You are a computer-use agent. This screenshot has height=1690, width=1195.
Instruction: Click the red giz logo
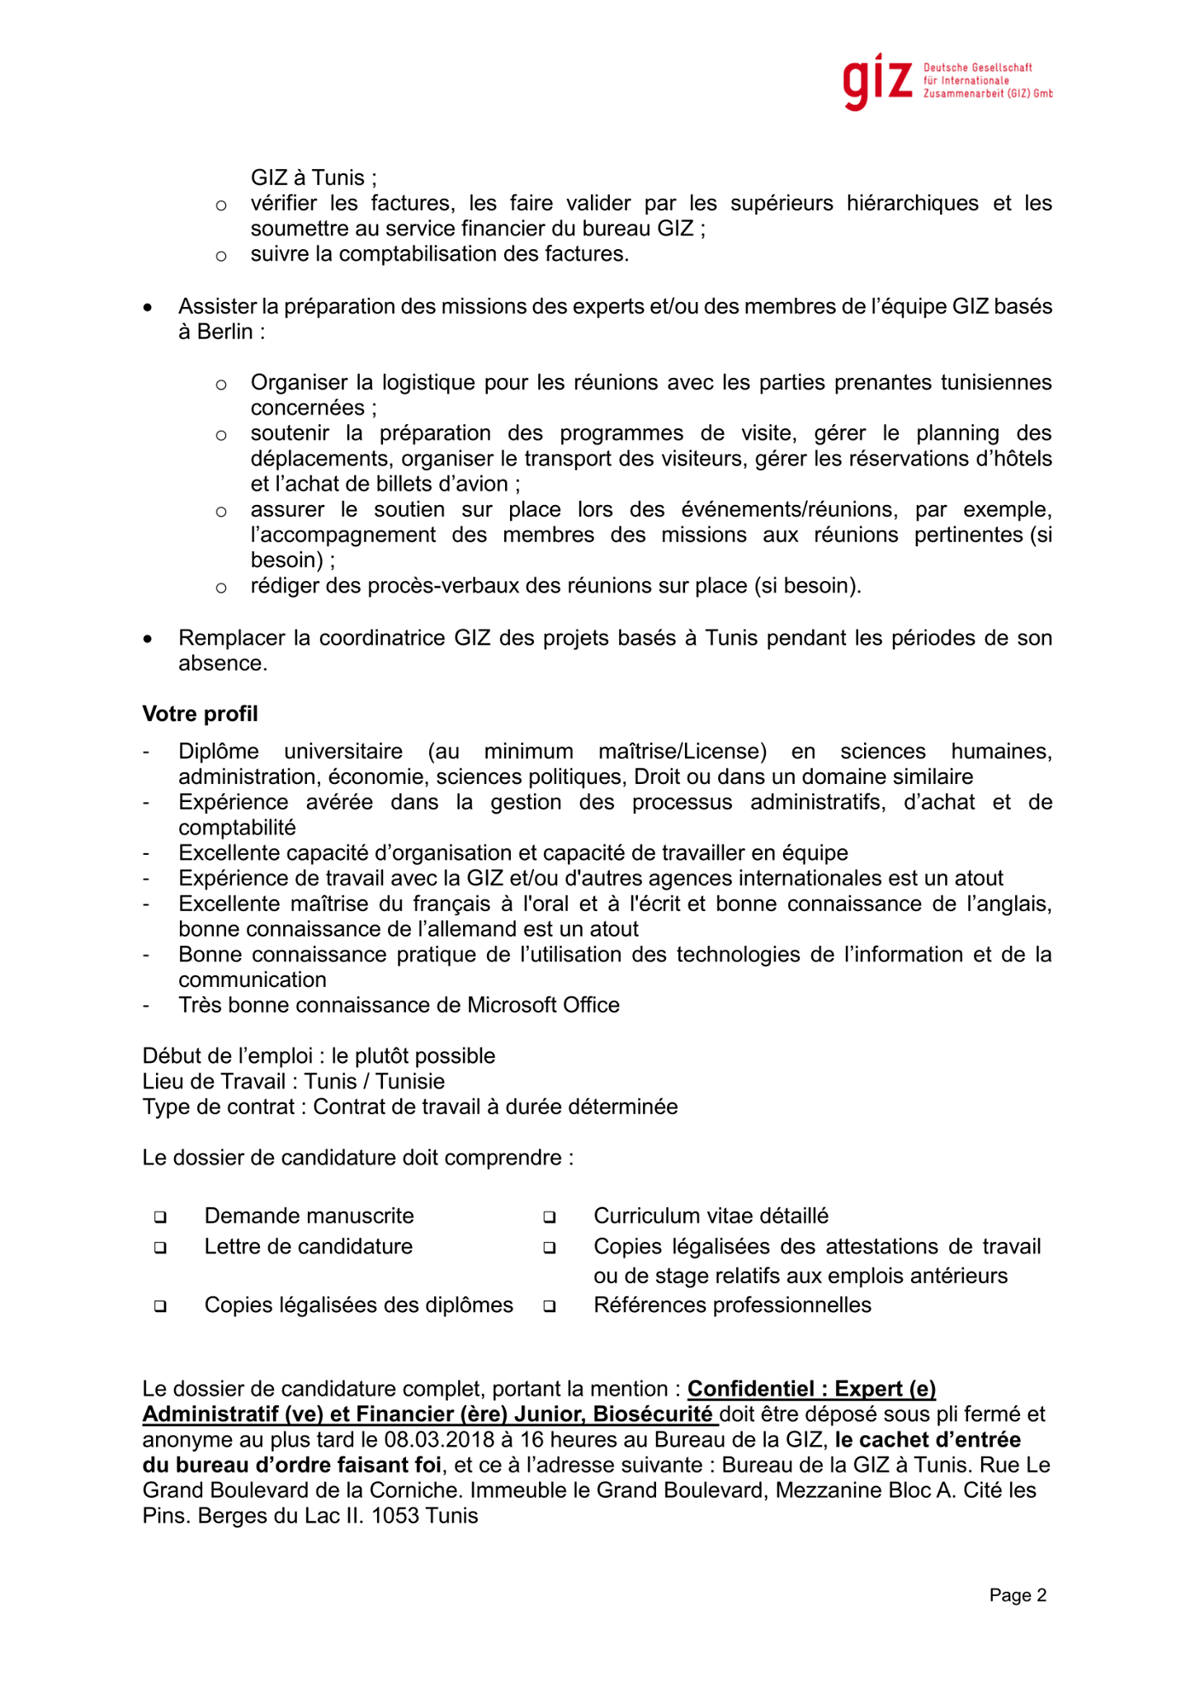point(877,81)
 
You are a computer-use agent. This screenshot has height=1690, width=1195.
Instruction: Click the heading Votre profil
point(200,714)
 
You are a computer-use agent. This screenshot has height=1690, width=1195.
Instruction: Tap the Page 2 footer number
point(1018,1595)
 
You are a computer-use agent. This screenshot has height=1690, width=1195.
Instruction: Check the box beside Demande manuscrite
point(160,1217)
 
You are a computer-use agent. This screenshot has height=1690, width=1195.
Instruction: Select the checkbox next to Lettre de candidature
point(160,1248)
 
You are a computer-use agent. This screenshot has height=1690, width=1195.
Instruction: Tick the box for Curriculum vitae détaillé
point(550,1217)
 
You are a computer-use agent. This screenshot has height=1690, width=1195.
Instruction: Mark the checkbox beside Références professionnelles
point(550,1306)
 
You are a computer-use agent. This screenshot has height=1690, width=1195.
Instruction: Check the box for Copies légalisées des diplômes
point(160,1306)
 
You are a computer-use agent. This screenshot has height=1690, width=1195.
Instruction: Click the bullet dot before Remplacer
point(148,639)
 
